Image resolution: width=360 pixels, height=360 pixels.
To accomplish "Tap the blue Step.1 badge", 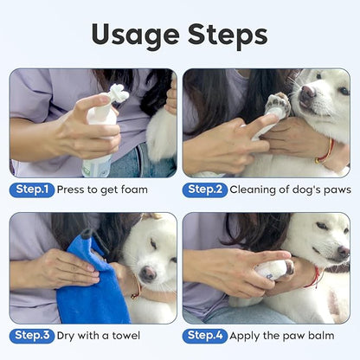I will (33, 190).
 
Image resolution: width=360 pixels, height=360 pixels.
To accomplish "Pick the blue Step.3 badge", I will (33, 335).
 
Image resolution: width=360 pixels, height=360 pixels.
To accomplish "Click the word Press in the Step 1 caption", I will (74, 190).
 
